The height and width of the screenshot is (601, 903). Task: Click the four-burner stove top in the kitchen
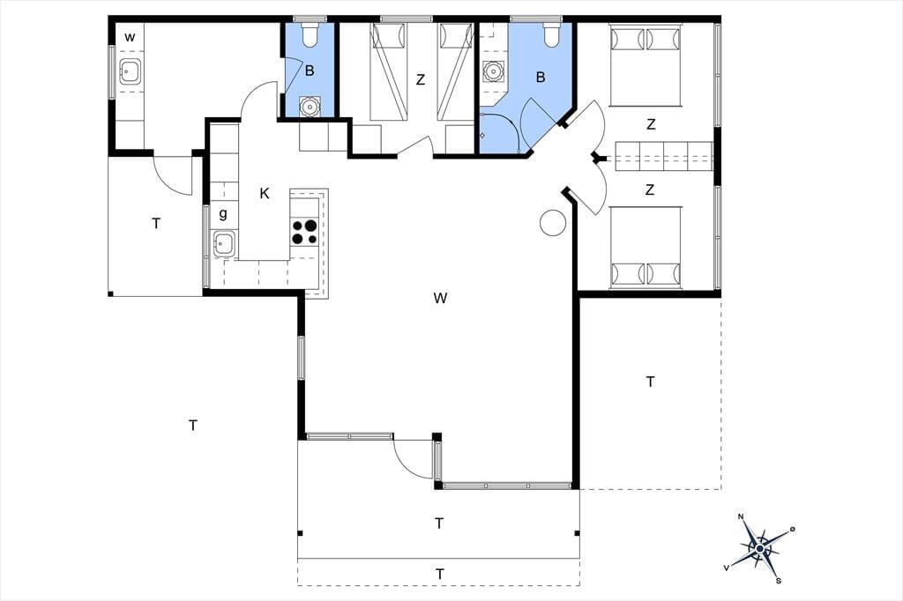(x=304, y=232)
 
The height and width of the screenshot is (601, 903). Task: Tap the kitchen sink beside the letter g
(x=223, y=244)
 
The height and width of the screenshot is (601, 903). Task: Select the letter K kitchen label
(x=265, y=193)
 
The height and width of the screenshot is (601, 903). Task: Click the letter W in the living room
(x=441, y=298)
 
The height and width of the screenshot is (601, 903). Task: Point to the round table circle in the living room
(x=553, y=222)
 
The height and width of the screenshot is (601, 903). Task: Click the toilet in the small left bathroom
(x=310, y=34)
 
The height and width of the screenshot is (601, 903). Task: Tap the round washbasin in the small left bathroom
(x=310, y=107)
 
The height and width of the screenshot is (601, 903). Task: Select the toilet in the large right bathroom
(x=552, y=34)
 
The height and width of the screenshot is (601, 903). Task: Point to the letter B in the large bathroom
(x=541, y=78)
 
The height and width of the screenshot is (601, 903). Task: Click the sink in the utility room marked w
(x=131, y=72)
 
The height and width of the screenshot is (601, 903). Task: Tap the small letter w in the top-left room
(x=131, y=38)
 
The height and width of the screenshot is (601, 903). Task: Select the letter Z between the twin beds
(x=421, y=80)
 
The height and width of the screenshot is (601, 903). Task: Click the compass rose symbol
(x=760, y=549)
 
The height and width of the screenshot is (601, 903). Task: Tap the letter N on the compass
(x=741, y=516)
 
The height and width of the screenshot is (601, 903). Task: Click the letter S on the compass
(x=779, y=581)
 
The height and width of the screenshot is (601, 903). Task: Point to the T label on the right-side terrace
(x=650, y=382)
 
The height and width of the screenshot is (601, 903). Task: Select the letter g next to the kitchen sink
(x=223, y=214)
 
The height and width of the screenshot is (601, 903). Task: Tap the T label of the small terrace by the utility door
(x=156, y=224)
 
